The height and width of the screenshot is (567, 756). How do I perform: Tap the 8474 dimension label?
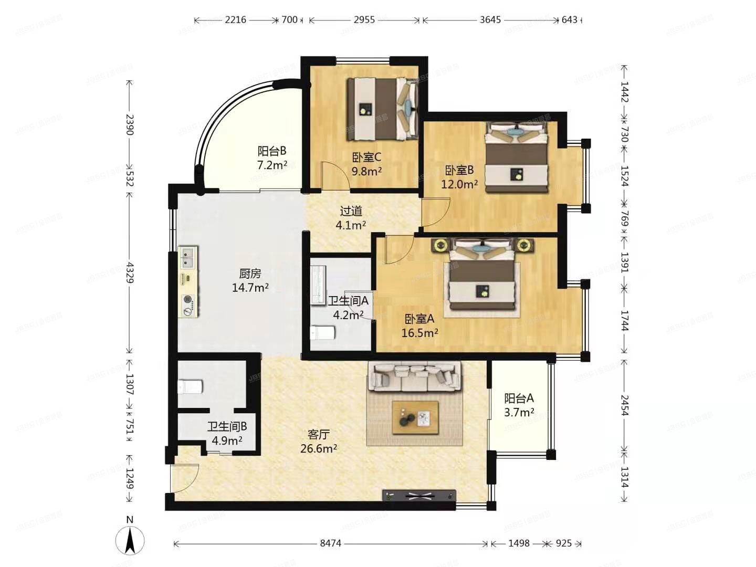tap(330, 543)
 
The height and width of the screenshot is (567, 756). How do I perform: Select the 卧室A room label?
tap(419, 325)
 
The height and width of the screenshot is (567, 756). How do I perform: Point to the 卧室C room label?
tap(366, 164)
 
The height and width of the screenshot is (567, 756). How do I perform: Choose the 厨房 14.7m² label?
tap(250, 280)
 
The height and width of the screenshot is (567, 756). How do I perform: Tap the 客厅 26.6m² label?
tap(318, 442)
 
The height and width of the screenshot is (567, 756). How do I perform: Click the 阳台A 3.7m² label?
tap(519, 405)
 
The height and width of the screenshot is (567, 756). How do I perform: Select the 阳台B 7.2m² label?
tap(272, 158)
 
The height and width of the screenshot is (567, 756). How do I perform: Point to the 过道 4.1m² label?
tap(351, 218)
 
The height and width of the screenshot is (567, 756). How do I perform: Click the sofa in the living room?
tap(415, 376)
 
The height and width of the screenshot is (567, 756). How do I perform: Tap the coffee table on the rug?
tap(416, 417)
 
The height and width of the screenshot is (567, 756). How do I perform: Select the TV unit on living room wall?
tap(419, 496)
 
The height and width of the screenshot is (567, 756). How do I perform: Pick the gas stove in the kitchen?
tap(188, 305)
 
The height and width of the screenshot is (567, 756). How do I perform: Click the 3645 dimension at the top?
tap(490, 20)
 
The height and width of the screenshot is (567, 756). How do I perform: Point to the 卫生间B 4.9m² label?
tap(227, 434)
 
